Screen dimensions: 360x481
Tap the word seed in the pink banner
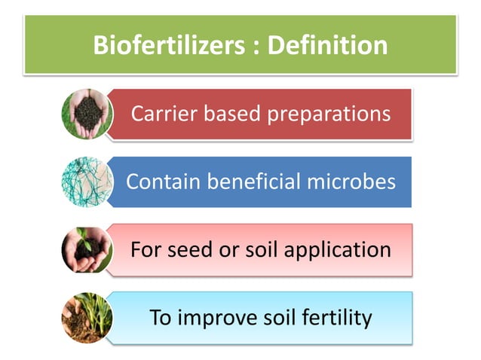185,249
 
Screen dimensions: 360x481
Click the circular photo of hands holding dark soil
86,115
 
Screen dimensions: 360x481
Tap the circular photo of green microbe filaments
86,182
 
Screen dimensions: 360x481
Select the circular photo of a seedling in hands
86,249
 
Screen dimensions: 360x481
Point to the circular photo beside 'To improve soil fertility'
86,316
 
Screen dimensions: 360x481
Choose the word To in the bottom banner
162,318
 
